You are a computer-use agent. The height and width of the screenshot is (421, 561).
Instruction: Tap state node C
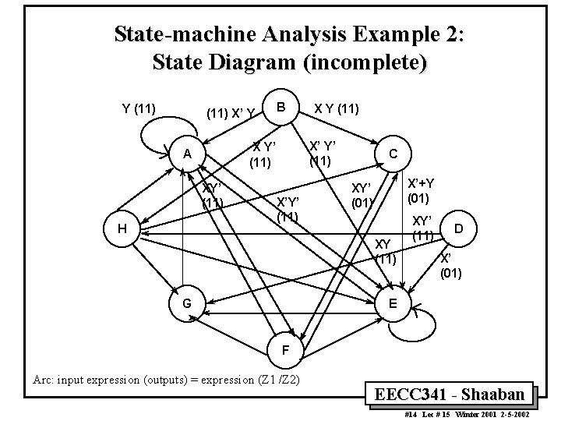coord(394,154)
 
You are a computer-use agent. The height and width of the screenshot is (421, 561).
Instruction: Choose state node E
coord(394,302)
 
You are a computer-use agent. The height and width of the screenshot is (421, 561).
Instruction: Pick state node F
coord(285,351)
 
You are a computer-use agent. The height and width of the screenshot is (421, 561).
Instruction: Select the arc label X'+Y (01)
coord(421,189)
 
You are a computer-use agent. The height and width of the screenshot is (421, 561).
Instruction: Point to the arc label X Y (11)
coord(337,108)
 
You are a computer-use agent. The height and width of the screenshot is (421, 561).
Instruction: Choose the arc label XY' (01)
coord(363,195)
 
